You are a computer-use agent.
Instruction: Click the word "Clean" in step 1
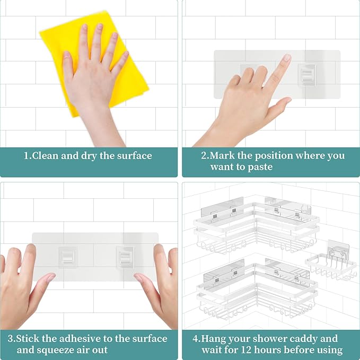(45, 156)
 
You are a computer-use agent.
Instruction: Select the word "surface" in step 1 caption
(135, 156)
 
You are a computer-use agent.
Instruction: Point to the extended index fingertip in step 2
(287, 57)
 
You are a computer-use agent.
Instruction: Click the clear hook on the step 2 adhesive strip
(307, 75)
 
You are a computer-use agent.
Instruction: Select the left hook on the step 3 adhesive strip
(67, 257)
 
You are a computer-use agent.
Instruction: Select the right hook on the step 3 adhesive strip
(125, 257)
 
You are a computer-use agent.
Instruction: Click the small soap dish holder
(331, 266)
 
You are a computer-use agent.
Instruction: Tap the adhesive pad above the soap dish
(338, 247)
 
